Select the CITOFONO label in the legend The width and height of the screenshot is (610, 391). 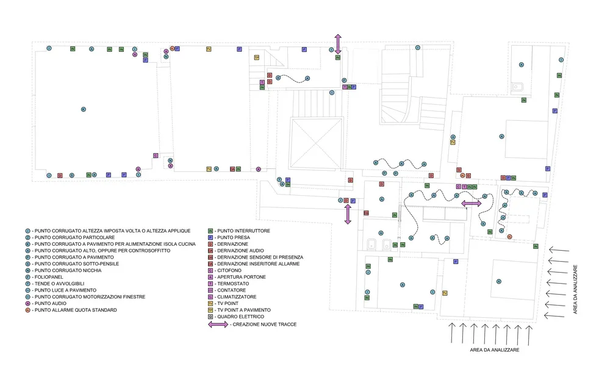click(x=231, y=270)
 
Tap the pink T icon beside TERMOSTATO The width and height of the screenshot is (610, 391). click(x=210, y=284)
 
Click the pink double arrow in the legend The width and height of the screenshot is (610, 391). click(x=218, y=325)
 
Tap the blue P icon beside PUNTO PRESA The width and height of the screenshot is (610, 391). click(x=210, y=237)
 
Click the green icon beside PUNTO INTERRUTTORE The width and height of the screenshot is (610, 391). click(x=210, y=231)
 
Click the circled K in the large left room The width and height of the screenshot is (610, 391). click(x=84, y=109)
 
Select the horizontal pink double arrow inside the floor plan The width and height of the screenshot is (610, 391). click(x=471, y=203)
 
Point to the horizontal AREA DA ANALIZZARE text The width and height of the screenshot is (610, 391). click(x=490, y=350)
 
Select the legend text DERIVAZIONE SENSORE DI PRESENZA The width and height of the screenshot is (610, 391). click(x=259, y=257)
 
